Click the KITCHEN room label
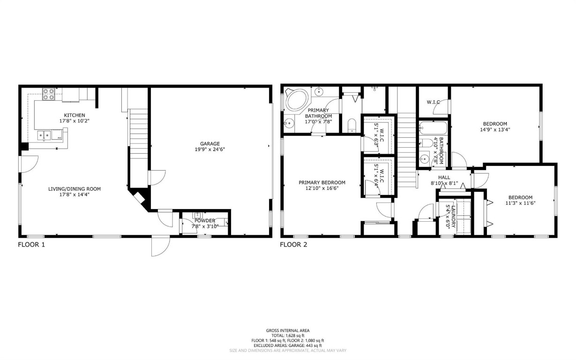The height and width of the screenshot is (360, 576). point(75,115)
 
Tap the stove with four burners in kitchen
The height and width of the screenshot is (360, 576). point(49,95)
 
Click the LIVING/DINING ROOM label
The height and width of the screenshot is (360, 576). point(75,189)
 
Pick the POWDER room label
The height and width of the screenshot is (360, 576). point(205,220)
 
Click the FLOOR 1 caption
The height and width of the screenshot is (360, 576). point(31,244)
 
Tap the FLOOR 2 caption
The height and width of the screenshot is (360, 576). point(293,244)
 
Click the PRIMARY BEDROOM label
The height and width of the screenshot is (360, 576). point(322,182)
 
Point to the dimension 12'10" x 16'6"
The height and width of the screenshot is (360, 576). point(322,188)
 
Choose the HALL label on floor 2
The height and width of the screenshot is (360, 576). point(444,177)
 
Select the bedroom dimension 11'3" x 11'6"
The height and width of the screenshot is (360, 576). point(520,203)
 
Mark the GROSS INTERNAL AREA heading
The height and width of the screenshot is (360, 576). point(288,330)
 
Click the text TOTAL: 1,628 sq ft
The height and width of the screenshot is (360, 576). point(288,336)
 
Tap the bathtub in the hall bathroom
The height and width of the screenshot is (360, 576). point(433,127)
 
